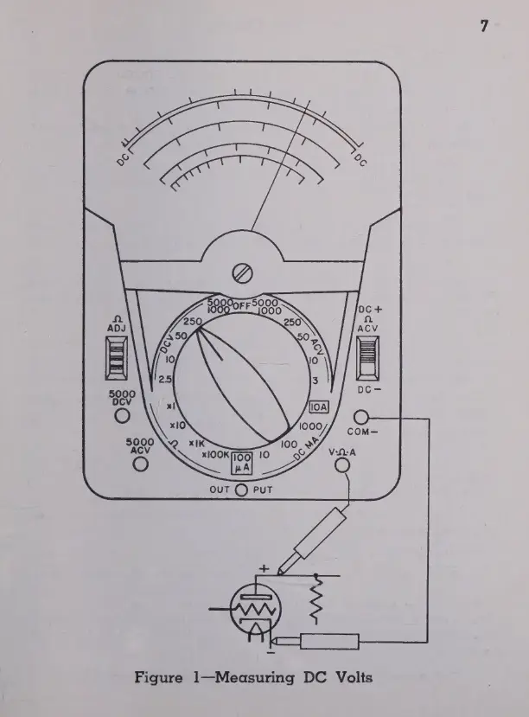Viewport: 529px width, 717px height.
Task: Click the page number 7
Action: [485, 25]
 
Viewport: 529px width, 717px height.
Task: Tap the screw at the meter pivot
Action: [242, 275]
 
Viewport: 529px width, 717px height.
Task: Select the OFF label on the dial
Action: [241, 304]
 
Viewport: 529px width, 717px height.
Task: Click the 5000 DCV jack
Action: [121, 415]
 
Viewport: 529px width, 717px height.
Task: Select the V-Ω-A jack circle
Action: [343, 464]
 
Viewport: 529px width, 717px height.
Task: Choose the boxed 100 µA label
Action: [243, 464]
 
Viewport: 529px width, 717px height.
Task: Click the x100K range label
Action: [214, 455]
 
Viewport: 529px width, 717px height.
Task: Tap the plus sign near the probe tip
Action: [264, 567]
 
